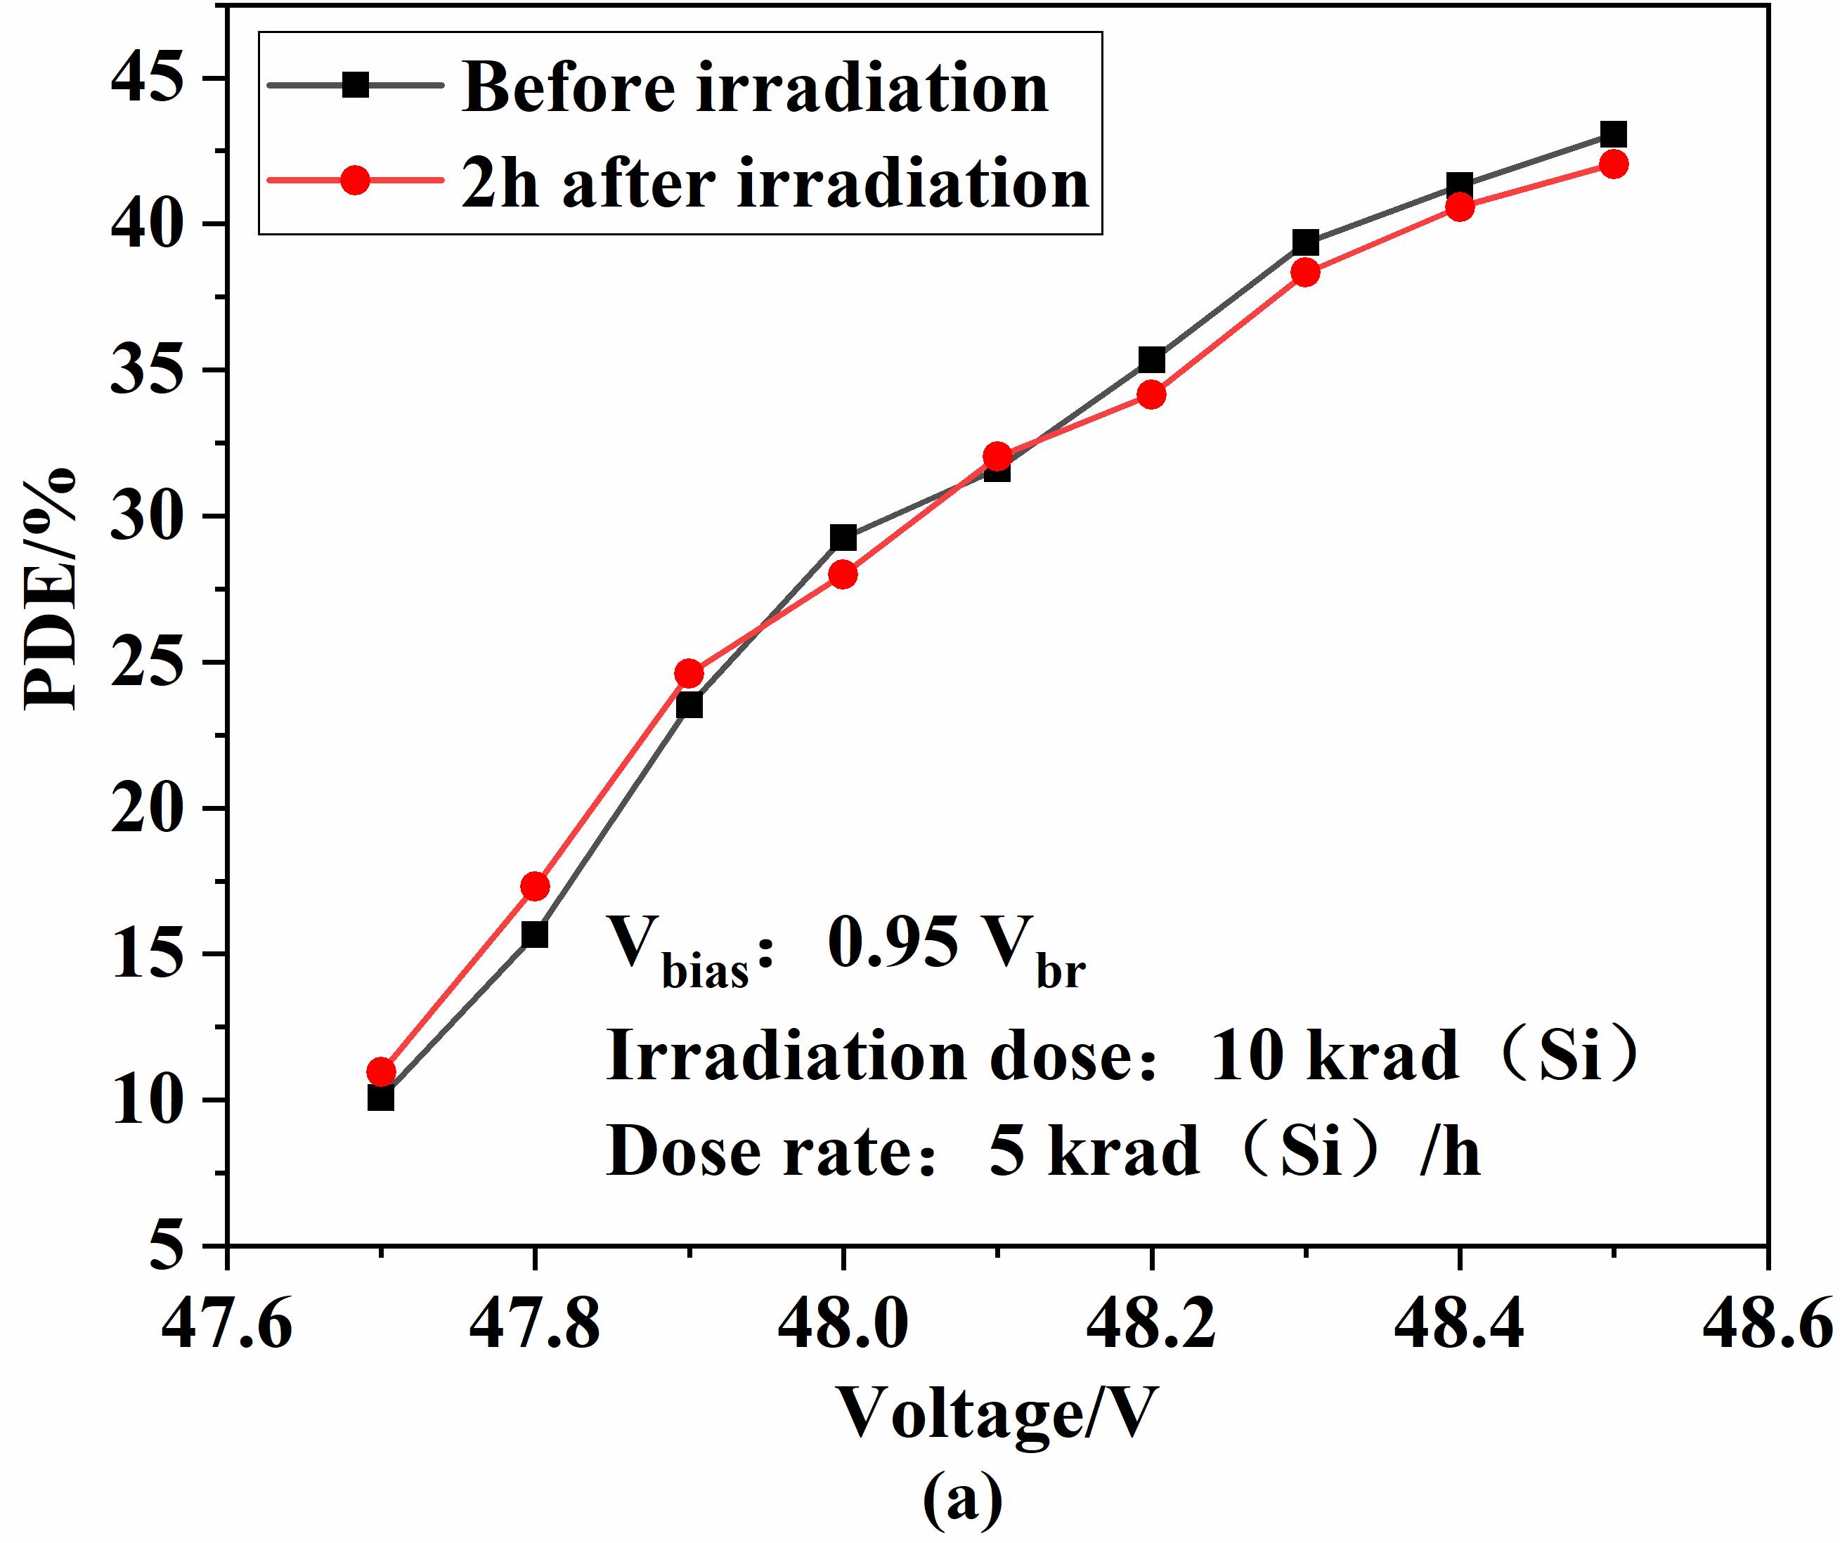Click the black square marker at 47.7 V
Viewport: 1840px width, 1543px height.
[380, 1097]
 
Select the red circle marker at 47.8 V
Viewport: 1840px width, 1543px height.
[534, 886]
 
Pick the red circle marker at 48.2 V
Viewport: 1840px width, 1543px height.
[1152, 394]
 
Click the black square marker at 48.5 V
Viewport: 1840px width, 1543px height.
[1613, 134]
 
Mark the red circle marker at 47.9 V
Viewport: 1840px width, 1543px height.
[689, 674]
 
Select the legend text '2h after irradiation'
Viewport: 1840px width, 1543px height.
[775, 184]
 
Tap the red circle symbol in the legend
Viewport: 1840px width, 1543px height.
[355, 181]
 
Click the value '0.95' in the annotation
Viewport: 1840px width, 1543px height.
[892, 944]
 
